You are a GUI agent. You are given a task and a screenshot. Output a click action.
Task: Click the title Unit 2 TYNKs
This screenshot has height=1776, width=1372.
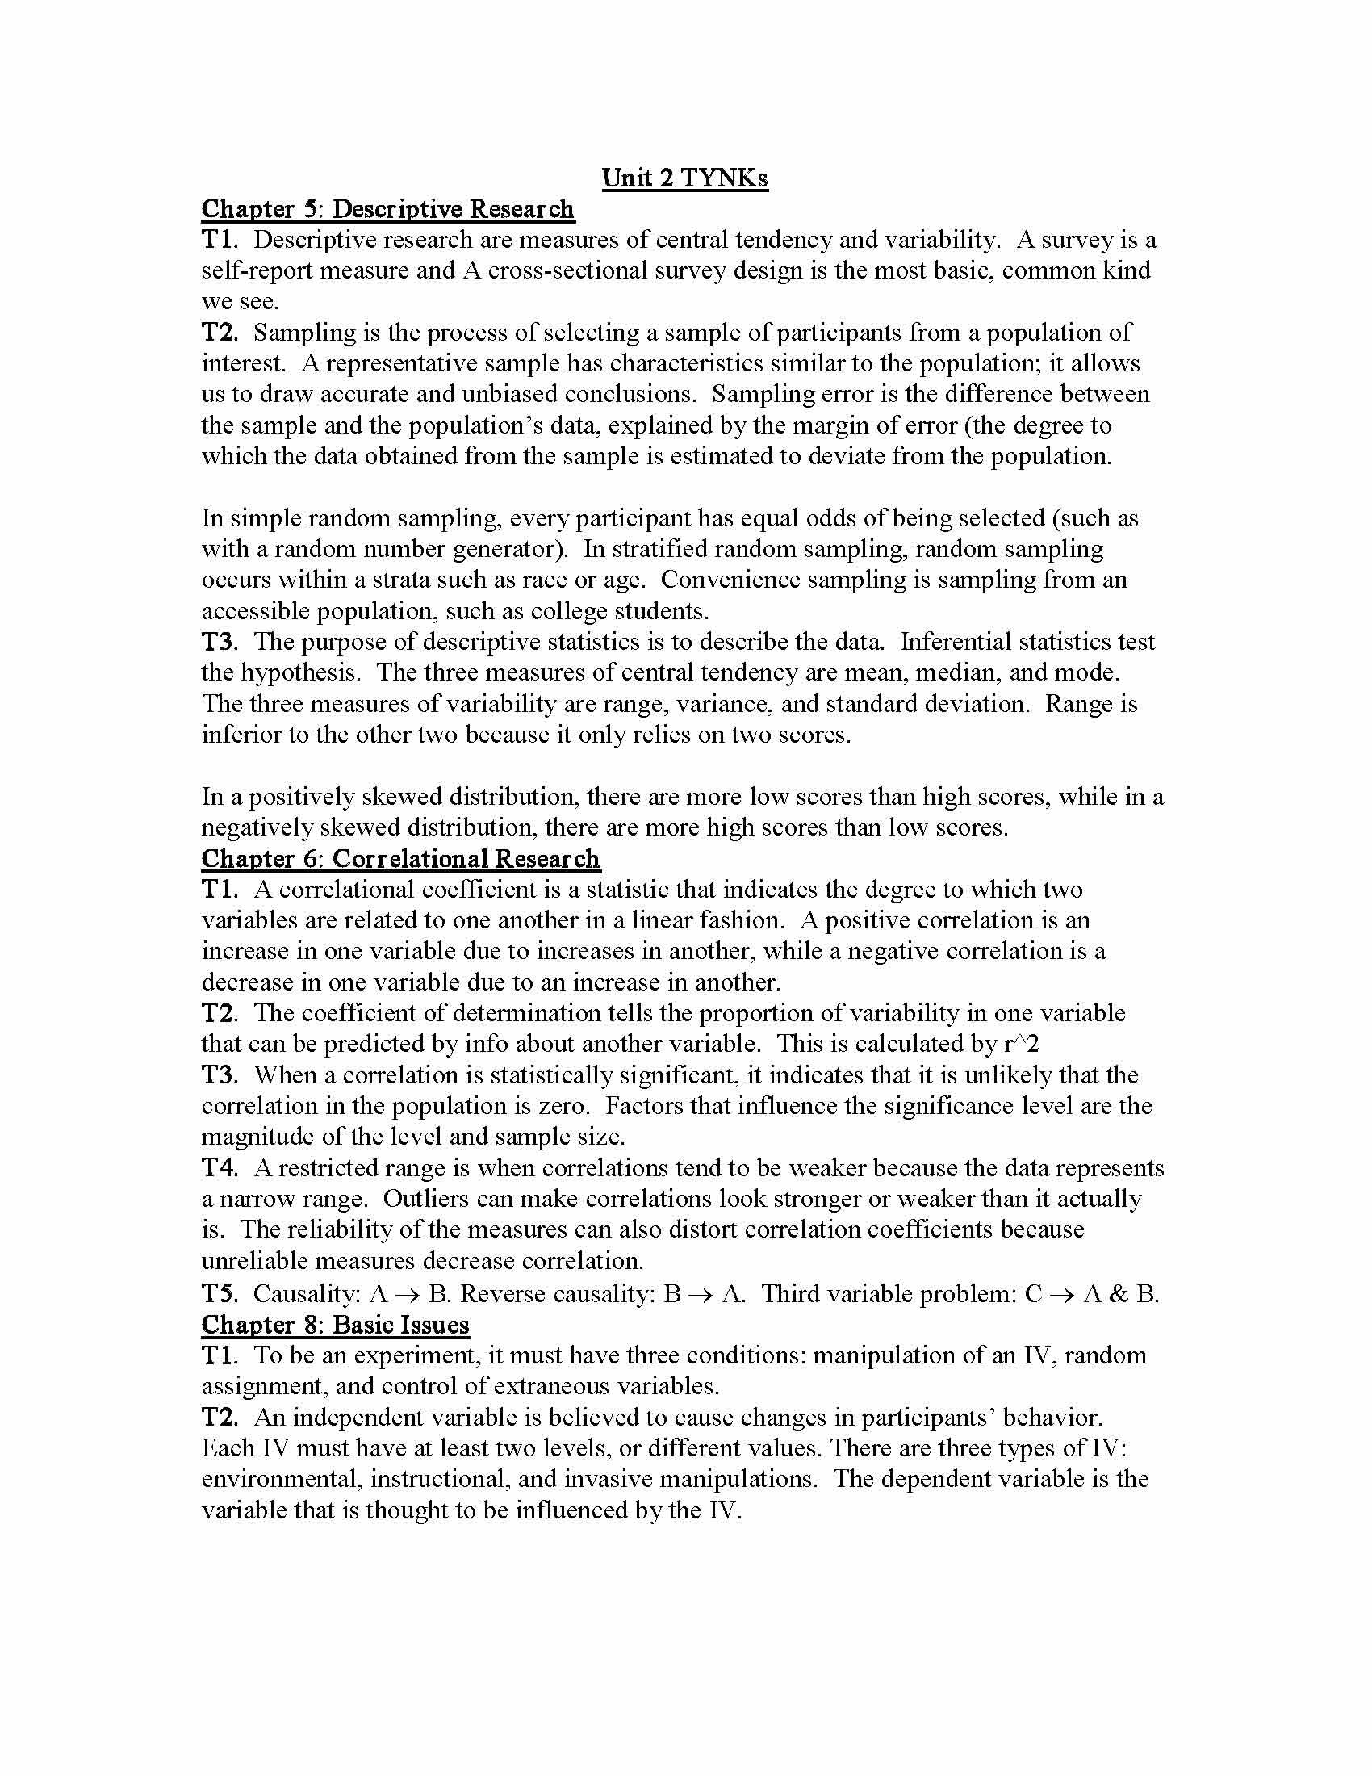click(684, 178)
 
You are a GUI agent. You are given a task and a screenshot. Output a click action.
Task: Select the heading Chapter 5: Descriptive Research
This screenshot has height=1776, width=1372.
click(387, 209)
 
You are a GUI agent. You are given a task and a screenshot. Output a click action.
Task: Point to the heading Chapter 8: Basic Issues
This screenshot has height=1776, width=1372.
click(335, 1325)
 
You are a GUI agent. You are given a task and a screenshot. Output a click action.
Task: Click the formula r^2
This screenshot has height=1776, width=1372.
click(1022, 1045)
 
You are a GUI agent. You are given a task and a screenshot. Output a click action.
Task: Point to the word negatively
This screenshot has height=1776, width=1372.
click(257, 827)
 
